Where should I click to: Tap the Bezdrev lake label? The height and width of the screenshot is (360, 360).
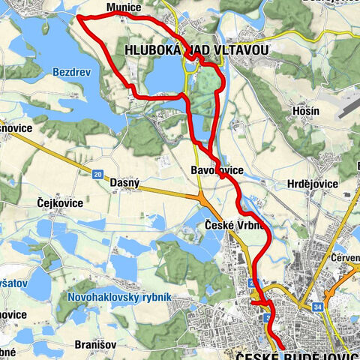click(71, 73)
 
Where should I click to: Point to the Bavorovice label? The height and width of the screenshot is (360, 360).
click(217, 171)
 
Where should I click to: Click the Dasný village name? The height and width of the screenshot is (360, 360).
click(124, 182)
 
